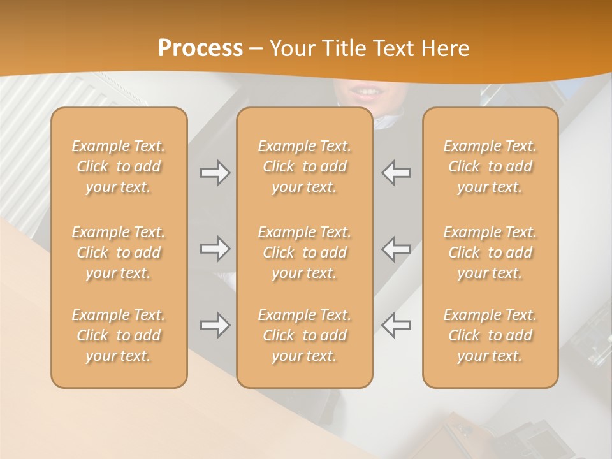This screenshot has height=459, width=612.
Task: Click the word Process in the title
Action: coord(200,48)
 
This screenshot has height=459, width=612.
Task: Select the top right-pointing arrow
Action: coord(215,173)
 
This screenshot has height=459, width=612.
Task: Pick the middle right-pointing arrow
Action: coord(215,249)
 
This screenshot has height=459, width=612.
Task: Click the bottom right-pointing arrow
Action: coord(215,325)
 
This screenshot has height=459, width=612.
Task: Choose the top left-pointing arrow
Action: coord(396,173)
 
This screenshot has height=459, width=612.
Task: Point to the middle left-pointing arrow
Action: coord(396,249)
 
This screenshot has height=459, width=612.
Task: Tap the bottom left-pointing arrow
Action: coord(396,325)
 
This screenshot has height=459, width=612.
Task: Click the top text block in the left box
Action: coord(119,166)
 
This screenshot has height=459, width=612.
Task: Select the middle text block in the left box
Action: coord(119,252)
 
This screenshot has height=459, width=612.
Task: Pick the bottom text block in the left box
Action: coord(119,335)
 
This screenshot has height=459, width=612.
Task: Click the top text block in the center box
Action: coord(304,166)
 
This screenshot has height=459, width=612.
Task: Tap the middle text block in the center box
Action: coord(304,252)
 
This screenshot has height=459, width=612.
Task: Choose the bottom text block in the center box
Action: coord(304,335)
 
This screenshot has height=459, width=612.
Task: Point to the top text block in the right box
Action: coord(490,166)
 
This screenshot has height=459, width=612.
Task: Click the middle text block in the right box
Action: coord(490,252)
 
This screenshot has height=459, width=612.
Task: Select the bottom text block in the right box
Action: coord(490,335)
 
